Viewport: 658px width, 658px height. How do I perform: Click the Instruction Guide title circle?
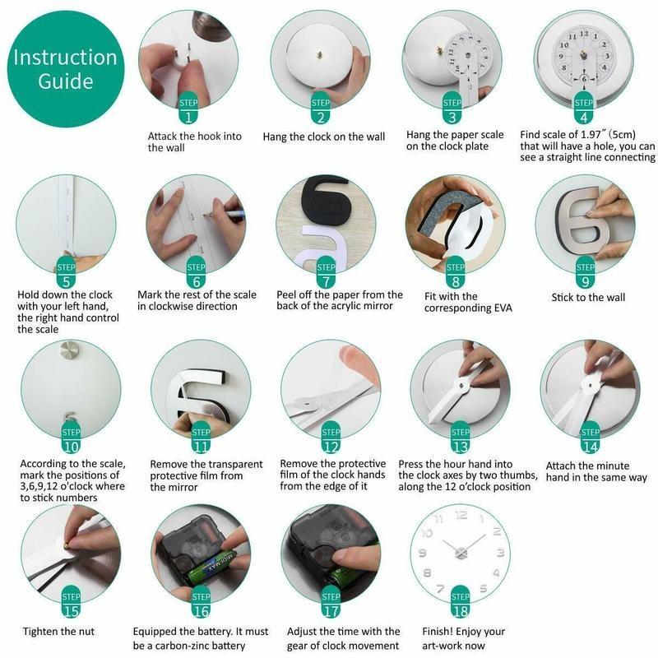pyautogui.click(x=66, y=69)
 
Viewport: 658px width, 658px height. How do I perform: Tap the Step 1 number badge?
pyautogui.click(x=188, y=109)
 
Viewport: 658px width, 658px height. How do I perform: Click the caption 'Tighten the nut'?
pyautogui.click(x=58, y=631)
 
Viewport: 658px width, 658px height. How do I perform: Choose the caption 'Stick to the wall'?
pyautogui.click(x=588, y=297)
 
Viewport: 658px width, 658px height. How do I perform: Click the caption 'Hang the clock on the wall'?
pyautogui.click(x=323, y=137)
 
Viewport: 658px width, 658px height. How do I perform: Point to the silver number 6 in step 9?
pyautogui.click(x=582, y=220)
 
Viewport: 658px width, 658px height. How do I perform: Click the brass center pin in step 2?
pyautogui.click(x=320, y=54)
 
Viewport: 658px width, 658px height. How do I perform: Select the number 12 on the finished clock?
pyautogui.click(x=461, y=516)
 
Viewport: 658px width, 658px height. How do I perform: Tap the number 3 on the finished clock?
pyautogui.click(x=500, y=552)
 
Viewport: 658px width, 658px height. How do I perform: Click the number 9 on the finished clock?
pyautogui.click(x=423, y=553)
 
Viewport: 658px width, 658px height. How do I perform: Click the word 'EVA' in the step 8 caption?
pyautogui.click(x=503, y=308)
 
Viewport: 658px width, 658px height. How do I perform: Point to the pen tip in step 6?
pyautogui.click(x=206, y=215)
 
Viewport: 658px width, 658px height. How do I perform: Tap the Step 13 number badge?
pyautogui.click(x=461, y=439)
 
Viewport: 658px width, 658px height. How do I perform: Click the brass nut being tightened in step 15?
pyautogui.click(x=67, y=545)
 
